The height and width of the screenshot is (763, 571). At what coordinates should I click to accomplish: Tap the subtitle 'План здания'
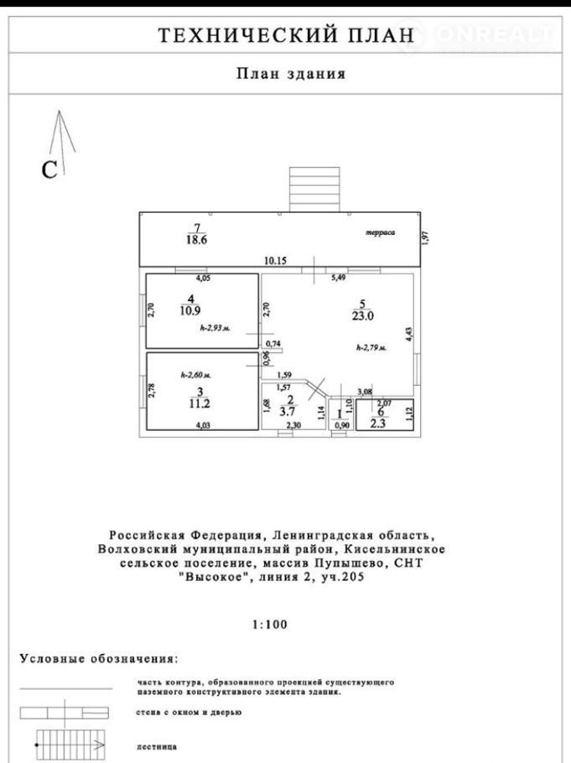(290, 74)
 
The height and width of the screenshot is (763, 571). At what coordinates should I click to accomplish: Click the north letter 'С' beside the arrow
(49, 170)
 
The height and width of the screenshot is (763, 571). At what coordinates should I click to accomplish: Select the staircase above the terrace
(315, 189)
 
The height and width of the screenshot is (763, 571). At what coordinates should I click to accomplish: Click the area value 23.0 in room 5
(362, 316)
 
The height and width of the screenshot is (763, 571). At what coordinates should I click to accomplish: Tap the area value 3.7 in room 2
(291, 413)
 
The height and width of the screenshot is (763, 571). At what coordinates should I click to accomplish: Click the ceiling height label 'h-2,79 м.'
(371, 347)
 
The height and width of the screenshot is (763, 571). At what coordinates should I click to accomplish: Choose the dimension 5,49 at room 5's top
(339, 277)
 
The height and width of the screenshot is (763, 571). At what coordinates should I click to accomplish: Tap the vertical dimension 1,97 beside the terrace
(425, 237)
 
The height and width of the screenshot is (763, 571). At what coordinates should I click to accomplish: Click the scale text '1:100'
(269, 624)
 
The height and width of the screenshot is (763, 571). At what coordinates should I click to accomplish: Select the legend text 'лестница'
(155, 745)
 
